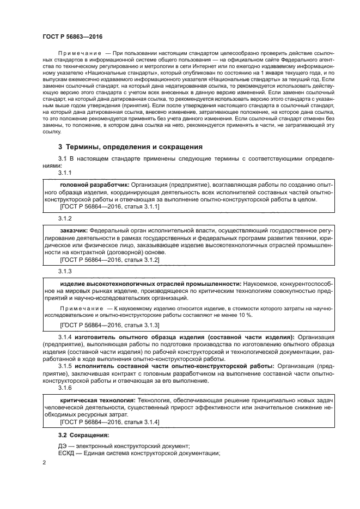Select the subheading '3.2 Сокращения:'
83,436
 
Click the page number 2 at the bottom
44,463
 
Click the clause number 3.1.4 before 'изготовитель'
66,338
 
